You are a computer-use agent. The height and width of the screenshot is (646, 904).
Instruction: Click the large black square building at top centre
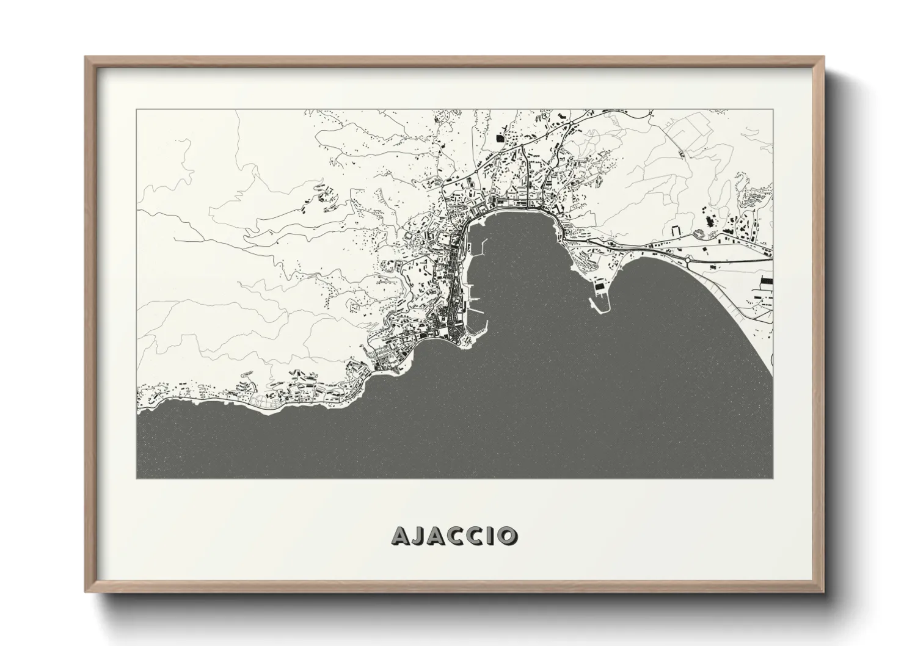click(x=501, y=140)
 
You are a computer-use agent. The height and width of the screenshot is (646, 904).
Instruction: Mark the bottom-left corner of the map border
click(x=136, y=479)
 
